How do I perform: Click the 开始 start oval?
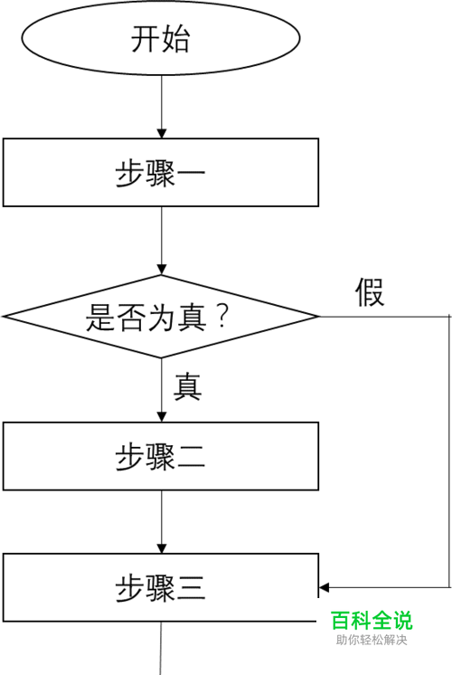[x=161, y=38]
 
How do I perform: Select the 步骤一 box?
[x=161, y=172]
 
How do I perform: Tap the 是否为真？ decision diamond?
[x=161, y=317]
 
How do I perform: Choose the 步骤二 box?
[x=161, y=456]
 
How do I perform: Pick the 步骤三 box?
[x=161, y=587]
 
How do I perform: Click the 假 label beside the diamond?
[x=370, y=292]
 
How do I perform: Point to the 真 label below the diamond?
[x=187, y=386]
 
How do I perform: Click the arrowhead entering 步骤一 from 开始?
[x=161, y=133]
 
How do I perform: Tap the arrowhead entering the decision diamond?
[x=161, y=270]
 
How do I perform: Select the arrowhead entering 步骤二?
[x=161, y=417]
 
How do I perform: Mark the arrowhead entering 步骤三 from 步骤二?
[x=161, y=548]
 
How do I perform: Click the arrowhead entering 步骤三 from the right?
[x=325, y=587]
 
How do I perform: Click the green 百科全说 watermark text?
[x=372, y=621]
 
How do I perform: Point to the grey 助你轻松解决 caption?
[x=372, y=640]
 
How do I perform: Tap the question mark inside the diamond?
[x=222, y=317]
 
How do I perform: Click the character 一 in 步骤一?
[x=191, y=173]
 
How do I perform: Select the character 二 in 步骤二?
[x=191, y=457]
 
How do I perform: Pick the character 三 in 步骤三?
[x=191, y=588]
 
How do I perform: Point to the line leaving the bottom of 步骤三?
[x=161, y=649]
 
